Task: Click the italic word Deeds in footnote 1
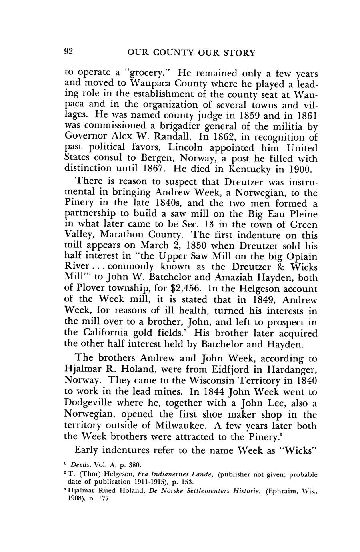point(82,465)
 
